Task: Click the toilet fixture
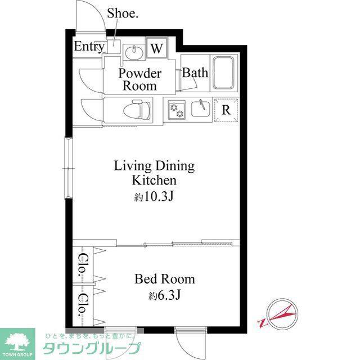tap(137, 110)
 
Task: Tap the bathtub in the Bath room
tap(224, 73)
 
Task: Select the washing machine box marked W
tap(157, 48)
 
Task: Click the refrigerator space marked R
tap(226, 110)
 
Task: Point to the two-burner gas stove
tap(177, 110)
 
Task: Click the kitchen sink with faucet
tap(200, 109)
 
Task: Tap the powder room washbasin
tap(133, 52)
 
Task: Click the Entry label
tap(89, 47)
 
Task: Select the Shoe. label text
tap(123, 13)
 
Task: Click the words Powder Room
tap(140, 79)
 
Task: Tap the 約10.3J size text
tap(154, 196)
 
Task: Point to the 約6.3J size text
tap(164, 295)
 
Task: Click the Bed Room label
tap(165, 279)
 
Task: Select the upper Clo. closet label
tap(82, 264)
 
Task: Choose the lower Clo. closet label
tap(82, 305)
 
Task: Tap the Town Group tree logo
tap(17, 342)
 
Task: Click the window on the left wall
tap(69, 168)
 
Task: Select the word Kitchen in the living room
tap(154, 181)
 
